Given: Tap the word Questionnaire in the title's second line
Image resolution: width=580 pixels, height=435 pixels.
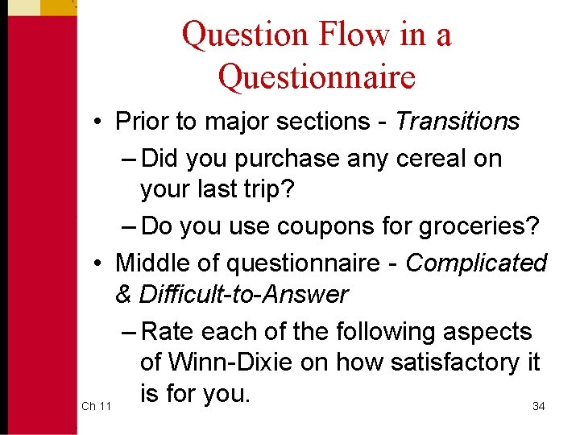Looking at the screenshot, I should coord(317,77).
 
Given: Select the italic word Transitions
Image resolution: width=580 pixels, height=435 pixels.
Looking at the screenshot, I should coord(458,122).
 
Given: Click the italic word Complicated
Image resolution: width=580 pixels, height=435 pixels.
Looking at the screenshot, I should coord(476,263).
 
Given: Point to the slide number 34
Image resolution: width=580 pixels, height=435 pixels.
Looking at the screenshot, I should coord(539,406).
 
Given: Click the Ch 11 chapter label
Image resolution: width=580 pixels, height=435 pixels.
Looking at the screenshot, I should coord(97,406).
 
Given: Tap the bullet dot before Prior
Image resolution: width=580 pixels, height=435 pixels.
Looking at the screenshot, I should coord(96,122).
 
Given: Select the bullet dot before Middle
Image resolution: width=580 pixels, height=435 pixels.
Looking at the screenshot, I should coord(96,263).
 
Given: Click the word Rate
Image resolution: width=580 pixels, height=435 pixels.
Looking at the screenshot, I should coord(171,331).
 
